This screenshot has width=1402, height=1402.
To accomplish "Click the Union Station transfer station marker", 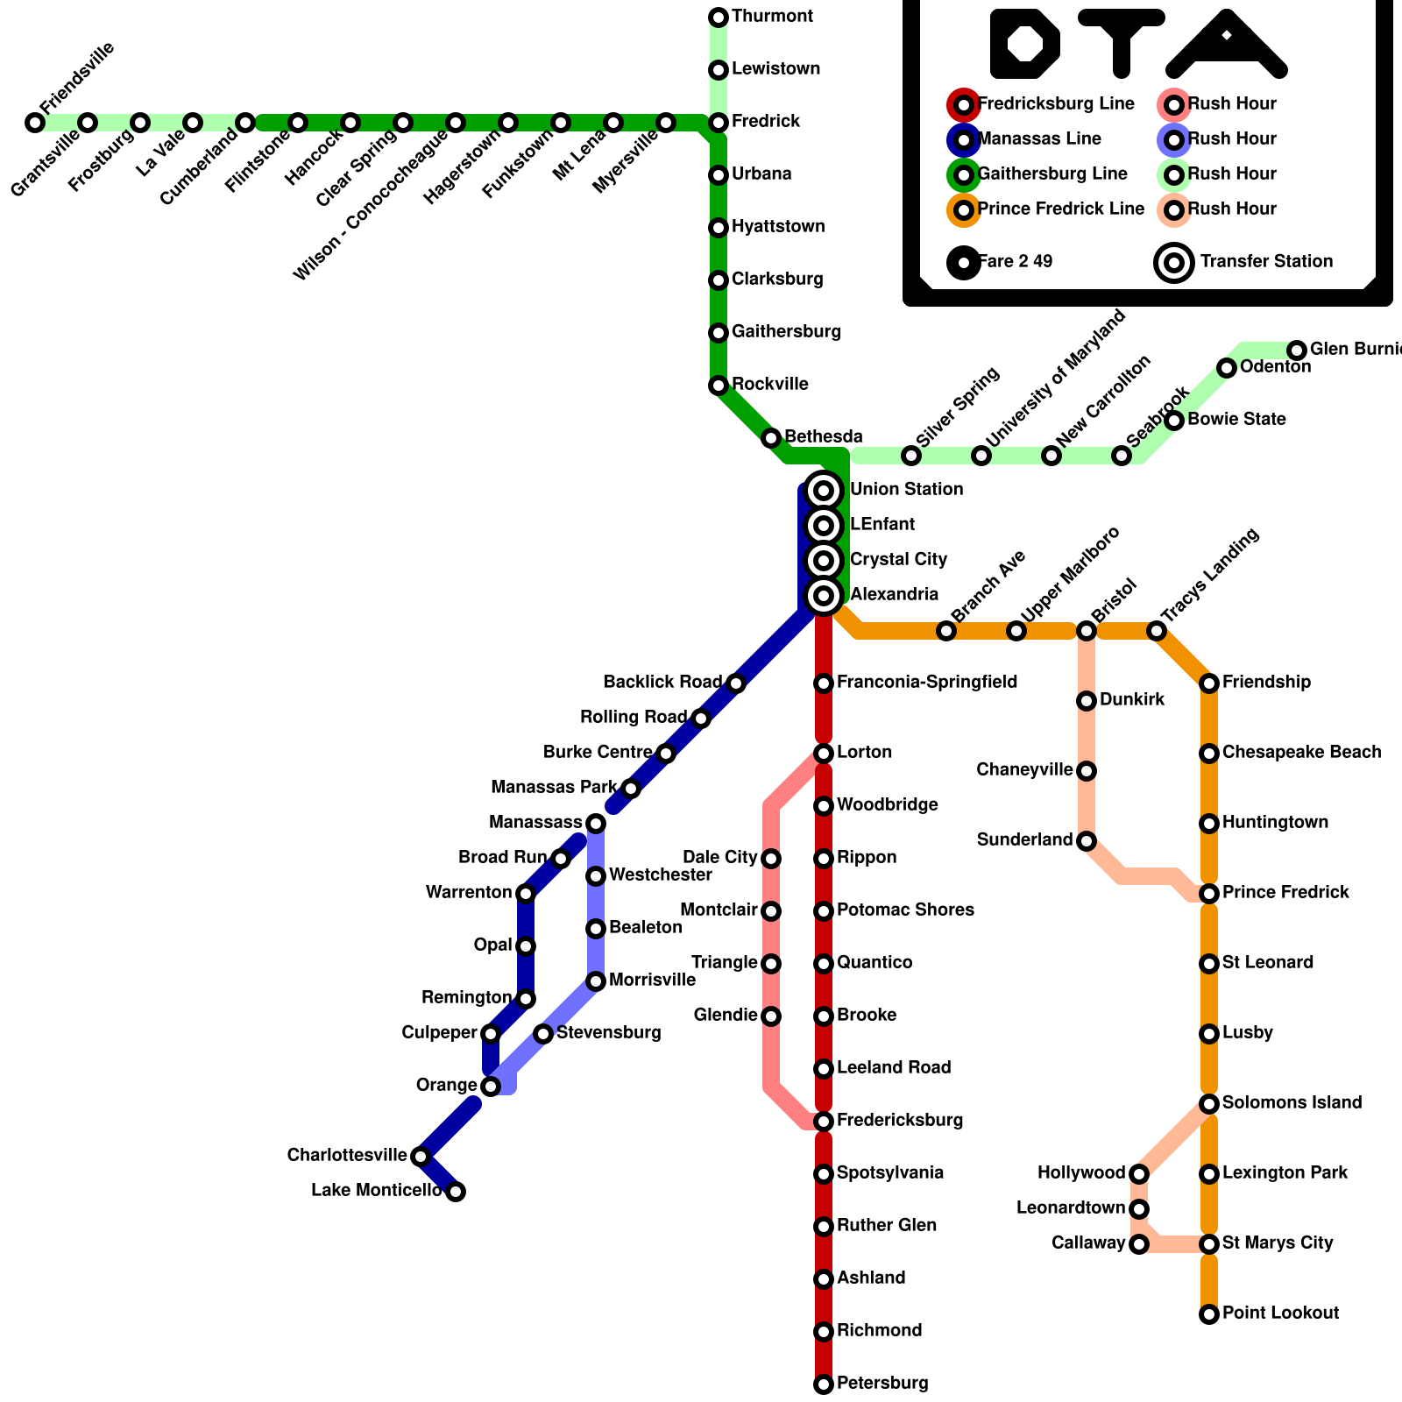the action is click(824, 491).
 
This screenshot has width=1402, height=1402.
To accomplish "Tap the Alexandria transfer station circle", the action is click(824, 596).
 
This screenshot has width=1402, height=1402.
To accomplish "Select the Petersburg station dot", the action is click(824, 1384).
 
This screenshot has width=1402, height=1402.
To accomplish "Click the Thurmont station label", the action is click(772, 17).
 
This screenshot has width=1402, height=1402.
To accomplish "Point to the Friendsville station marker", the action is click(35, 123).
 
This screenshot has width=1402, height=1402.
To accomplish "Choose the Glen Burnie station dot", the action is click(1297, 350).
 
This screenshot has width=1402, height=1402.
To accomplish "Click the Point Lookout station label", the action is click(1280, 1313).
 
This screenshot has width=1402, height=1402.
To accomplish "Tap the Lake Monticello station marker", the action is click(456, 1192).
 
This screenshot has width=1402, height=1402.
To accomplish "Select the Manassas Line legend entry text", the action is click(1039, 139).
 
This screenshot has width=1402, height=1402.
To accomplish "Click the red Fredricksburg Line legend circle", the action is click(964, 105).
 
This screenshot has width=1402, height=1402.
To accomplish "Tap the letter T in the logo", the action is click(1122, 39).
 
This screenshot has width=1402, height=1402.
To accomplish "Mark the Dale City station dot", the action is click(771, 859).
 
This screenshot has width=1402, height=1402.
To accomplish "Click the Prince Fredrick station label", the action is click(1285, 893).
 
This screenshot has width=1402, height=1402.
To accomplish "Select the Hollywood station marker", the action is click(1139, 1174).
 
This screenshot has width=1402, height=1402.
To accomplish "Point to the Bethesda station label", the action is click(823, 437).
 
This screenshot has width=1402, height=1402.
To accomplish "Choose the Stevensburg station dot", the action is click(543, 1034).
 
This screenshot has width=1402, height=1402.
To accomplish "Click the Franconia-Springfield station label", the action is click(927, 683).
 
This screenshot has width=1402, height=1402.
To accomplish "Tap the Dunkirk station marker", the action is click(1087, 701).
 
